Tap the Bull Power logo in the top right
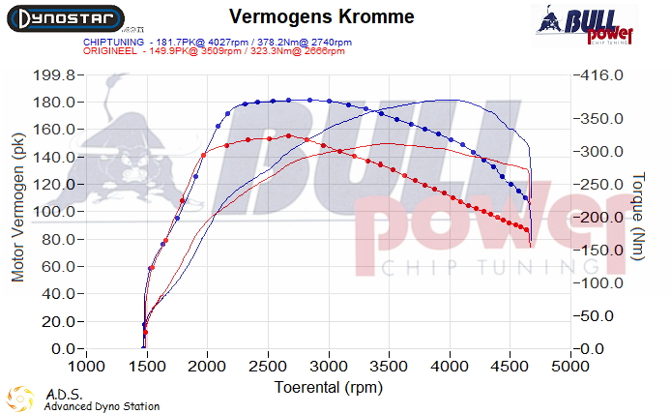tap(587, 25)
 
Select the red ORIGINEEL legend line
tap(214, 51)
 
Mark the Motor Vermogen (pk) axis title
tap(17, 208)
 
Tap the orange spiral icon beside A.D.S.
tap(22, 399)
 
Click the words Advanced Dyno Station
tap(102, 407)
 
